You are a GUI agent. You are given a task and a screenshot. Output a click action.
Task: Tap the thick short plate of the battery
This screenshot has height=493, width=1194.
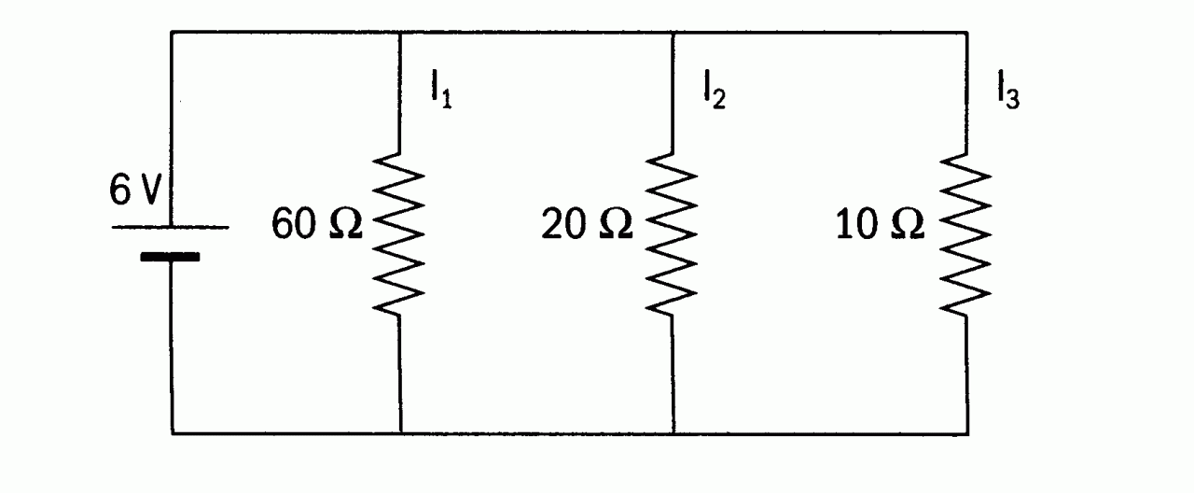(x=171, y=256)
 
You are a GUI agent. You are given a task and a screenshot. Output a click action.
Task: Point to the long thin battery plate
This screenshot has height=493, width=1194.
(x=171, y=227)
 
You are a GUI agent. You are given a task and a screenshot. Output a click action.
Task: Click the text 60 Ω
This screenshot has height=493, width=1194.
(x=317, y=226)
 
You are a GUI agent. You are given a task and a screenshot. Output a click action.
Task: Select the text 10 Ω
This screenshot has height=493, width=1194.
(x=881, y=226)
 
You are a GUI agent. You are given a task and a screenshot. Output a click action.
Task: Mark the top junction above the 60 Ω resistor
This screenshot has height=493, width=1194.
(x=400, y=33)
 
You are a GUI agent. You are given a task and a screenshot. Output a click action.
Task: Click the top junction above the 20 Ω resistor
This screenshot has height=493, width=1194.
(x=673, y=33)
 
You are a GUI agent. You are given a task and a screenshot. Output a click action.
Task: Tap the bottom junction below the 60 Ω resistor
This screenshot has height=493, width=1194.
(x=400, y=433)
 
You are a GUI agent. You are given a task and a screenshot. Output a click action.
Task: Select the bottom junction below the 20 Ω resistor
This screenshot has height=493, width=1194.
(x=673, y=433)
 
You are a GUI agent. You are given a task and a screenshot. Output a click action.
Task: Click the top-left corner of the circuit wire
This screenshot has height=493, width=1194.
(x=172, y=33)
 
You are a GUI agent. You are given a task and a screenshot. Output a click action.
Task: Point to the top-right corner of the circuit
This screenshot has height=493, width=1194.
(x=966, y=33)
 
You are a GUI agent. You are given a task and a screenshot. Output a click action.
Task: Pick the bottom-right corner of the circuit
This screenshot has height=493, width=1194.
(x=966, y=433)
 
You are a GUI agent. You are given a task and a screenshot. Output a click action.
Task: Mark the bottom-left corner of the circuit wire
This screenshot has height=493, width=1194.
(x=172, y=433)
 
